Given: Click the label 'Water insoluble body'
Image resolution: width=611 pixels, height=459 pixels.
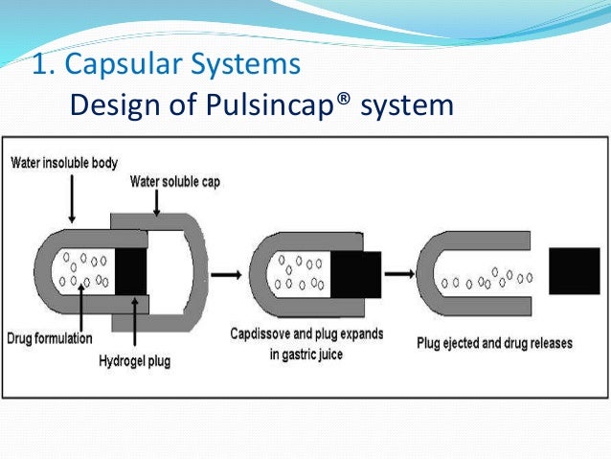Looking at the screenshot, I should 64,163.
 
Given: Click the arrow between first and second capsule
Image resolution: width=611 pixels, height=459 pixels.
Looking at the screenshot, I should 226,274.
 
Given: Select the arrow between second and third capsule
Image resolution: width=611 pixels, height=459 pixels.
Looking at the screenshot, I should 399,273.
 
